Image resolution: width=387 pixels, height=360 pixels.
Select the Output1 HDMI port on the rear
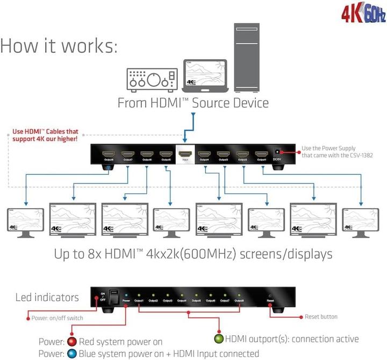pos(261,155)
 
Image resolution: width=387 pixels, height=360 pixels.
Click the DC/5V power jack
pos(278,154)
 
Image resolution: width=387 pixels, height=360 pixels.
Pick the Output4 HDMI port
pos(204,155)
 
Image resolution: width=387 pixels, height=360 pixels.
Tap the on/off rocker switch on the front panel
pos(114,297)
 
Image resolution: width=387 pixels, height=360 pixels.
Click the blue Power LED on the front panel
pos(126,295)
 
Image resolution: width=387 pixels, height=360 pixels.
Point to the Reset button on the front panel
pos(270,296)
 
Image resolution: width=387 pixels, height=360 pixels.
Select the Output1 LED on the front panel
pos(139,295)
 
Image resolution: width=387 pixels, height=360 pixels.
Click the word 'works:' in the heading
pos(88,46)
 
